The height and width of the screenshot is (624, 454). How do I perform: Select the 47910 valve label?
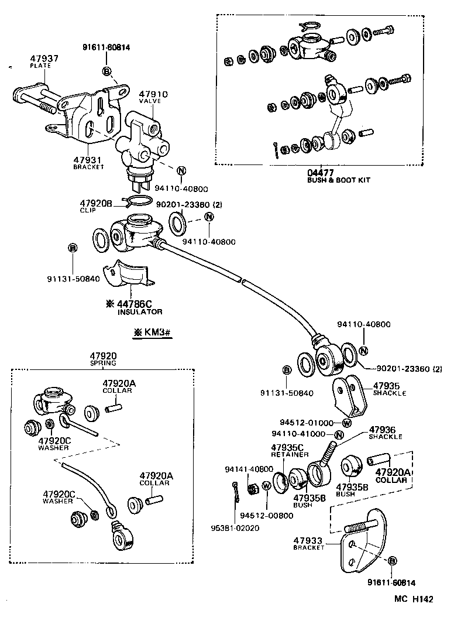coord(153,94)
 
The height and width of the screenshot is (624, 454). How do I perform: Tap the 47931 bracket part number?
coord(88,159)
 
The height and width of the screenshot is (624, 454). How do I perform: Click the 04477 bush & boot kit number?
coord(321,173)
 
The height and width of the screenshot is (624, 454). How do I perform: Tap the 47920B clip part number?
coord(95,204)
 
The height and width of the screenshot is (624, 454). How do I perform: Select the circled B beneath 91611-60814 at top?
coord(107,71)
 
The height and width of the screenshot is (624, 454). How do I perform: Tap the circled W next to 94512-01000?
coord(346,423)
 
